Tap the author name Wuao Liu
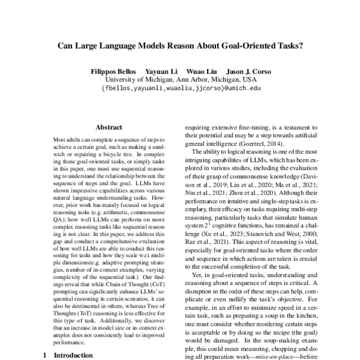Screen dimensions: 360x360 (199, 71)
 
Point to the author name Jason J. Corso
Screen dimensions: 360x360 (245, 71)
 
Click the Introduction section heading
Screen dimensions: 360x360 (73, 355)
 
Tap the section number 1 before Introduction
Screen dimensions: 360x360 (44, 355)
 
